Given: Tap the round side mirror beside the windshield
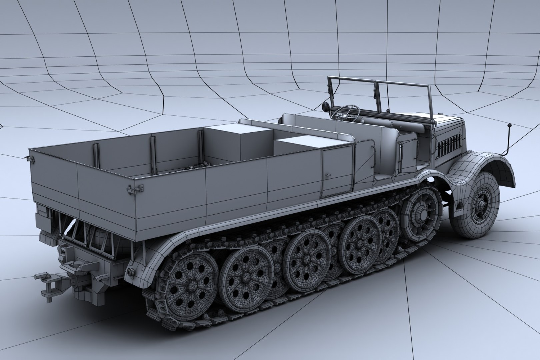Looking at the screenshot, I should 325,107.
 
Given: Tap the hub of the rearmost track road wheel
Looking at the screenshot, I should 193,285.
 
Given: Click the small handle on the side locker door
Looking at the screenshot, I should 329,175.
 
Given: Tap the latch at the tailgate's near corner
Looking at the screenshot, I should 130,190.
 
